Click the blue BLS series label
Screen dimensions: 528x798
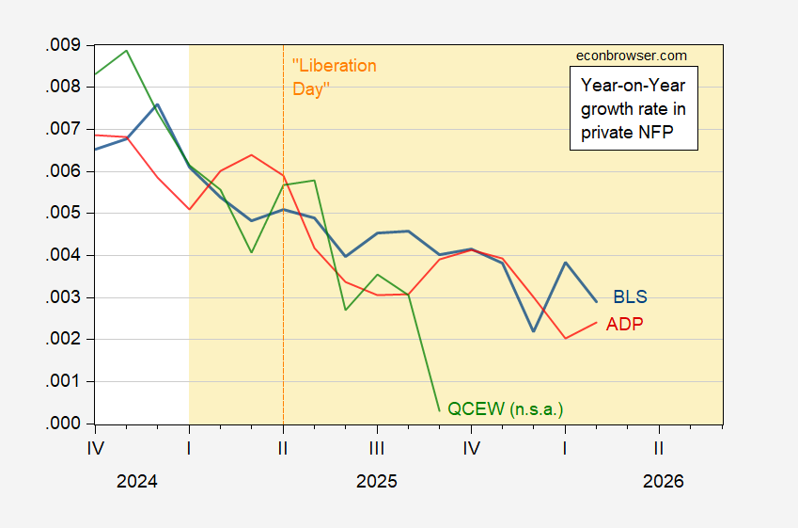[630, 297]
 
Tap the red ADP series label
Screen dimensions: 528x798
[625, 325]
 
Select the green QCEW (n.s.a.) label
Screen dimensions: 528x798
[510, 408]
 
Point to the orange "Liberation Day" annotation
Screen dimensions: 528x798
[334, 77]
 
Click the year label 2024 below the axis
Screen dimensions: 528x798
[137, 481]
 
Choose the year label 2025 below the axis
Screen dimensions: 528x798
[377, 481]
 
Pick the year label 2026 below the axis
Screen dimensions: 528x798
[664, 481]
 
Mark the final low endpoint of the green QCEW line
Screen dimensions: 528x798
[440, 410]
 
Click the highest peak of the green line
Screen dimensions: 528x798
[127, 50]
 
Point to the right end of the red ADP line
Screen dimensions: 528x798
[597, 322]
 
